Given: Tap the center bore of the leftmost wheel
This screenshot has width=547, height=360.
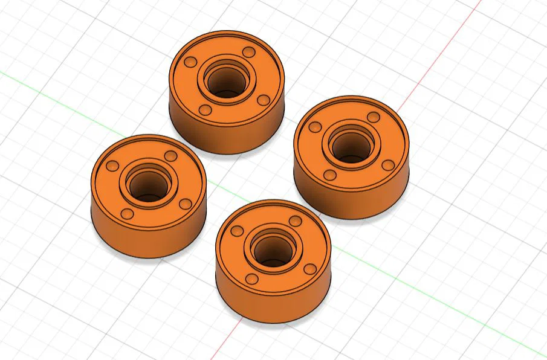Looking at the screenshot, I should coord(147,184).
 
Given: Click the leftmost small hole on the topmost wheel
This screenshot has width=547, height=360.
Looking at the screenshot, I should coord(190,63).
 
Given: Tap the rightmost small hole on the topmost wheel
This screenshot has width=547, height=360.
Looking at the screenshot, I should coord(263,100).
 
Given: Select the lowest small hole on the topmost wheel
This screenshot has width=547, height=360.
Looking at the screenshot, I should coord(206,111).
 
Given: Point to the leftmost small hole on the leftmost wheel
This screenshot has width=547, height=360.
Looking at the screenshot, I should coord(111,166).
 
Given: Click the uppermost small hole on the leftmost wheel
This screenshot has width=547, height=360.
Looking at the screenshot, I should coord(170,156).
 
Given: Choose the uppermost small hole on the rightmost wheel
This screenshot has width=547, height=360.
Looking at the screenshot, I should coord(374,117).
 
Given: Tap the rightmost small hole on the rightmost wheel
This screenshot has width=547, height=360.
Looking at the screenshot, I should coord(388,165).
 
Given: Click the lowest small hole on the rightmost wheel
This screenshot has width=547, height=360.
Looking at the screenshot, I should coord(330,175).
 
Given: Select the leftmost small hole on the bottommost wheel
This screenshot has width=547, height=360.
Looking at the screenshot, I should coord(237,231).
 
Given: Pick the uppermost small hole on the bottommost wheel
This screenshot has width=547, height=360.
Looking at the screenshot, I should coord(295,222).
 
